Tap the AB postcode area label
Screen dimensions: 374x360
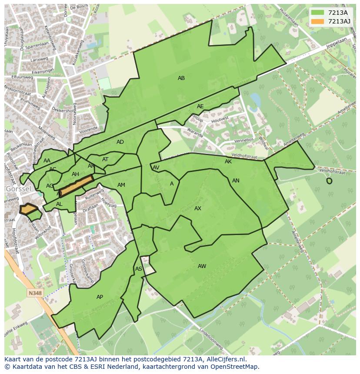pos(181,78)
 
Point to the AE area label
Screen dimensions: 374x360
pos(200,106)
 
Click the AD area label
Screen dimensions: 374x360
pos(120,142)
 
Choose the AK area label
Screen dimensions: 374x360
pos(228,162)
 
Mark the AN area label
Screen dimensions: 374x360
pos(236,181)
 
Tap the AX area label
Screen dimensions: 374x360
pos(198,209)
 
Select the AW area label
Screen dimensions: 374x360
pos(202,266)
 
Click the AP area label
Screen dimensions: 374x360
pos(100,297)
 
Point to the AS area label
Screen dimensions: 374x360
pos(138,269)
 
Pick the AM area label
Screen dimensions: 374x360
pos(121,185)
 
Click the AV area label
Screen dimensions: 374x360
pos(156,168)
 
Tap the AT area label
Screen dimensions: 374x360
pos(105,159)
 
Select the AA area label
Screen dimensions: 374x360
pos(47,161)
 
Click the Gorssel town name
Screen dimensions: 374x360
pos(18,189)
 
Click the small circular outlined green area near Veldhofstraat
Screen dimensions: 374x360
pos(329,181)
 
